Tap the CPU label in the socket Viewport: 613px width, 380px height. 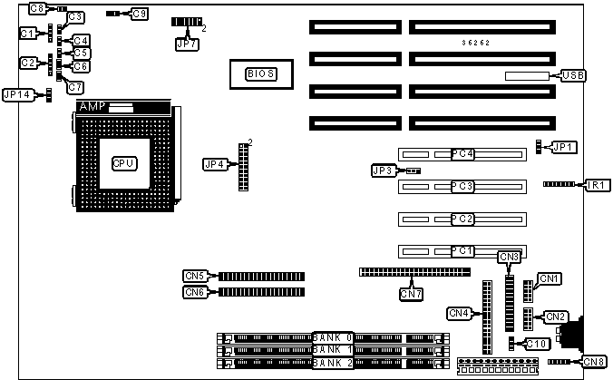(x=123, y=163)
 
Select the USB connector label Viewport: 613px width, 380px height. (x=573, y=74)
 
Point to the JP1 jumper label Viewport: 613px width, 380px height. (x=564, y=146)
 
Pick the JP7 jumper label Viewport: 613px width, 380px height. (x=186, y=42)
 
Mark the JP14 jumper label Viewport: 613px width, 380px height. (x=18, y=94)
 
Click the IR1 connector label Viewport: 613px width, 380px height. (x=596, y=185)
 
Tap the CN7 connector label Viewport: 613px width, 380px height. (x=412, y=293)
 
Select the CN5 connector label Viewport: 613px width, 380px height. (x=195, y=276)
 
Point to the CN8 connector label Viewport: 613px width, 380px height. (x=594, y=361)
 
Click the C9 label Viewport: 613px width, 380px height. (x=140, y=14)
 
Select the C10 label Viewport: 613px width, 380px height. (x=536, y=343)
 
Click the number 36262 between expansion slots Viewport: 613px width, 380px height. (x=476, y=43)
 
